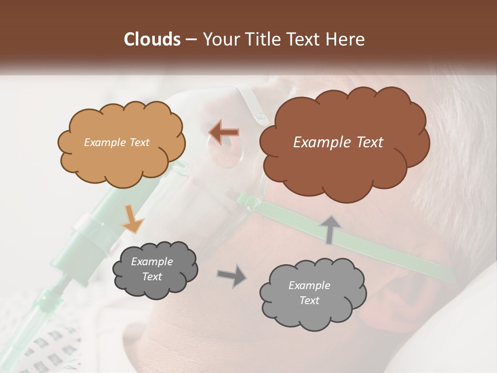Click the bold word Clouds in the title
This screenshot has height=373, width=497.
[152, 39]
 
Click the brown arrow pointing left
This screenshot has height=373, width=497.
[224, 132]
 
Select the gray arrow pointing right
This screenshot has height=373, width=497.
[232, 275]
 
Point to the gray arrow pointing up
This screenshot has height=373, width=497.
[329, 229]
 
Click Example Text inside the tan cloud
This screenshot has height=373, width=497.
[116, 142]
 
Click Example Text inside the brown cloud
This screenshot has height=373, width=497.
[338, 142]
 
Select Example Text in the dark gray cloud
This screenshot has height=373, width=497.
[152, 269]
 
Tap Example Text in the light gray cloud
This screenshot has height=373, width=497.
[309, 293]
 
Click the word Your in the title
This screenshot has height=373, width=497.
[217, 39]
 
